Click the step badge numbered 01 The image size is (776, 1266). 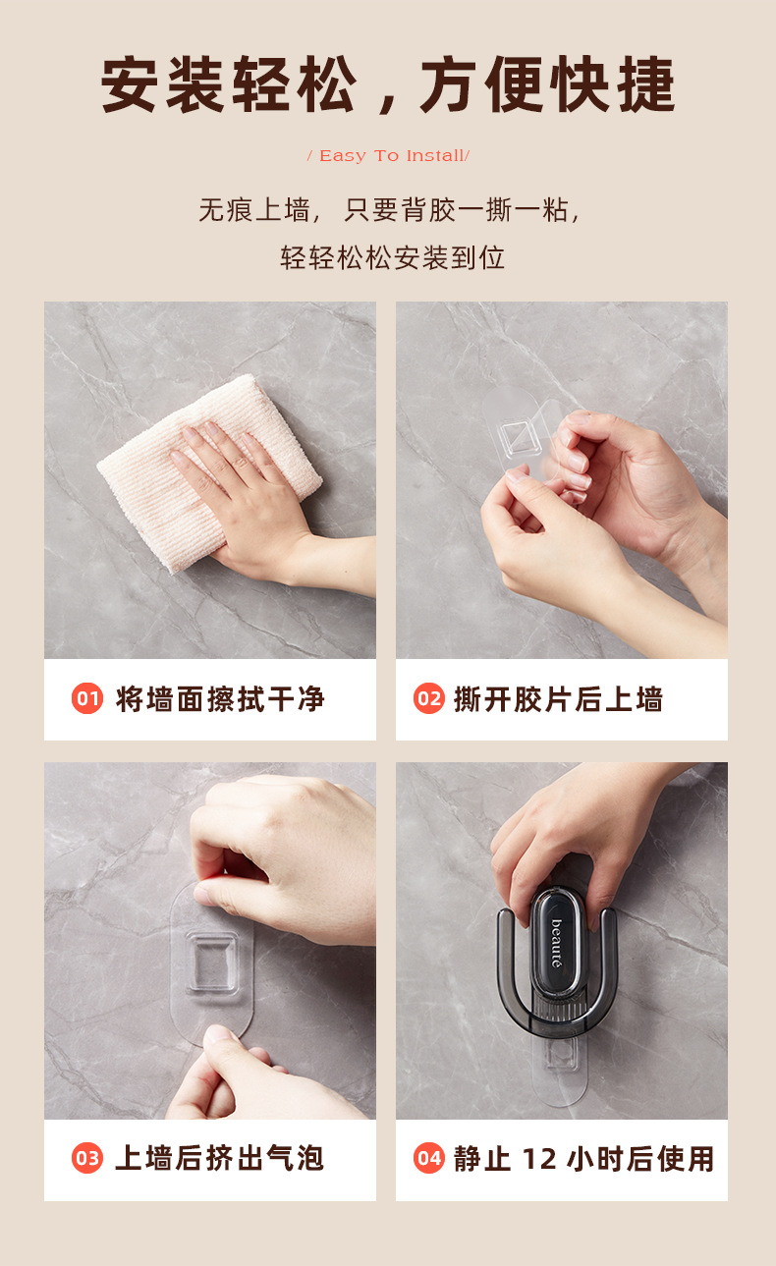coord(87,699)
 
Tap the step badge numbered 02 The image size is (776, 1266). coord(429,699)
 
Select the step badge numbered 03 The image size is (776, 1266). coord(87,1159)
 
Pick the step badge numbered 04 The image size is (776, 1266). coord(429,1159)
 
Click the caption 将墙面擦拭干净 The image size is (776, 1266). coord(220,699)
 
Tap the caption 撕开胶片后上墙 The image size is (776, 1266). coord(558,699)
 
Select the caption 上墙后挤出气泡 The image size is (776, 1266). coord(220,1159)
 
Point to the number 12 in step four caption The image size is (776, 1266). coord(539,1159)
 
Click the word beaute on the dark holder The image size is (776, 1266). coord(556,943)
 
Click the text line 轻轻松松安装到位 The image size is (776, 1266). coord(392,257)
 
